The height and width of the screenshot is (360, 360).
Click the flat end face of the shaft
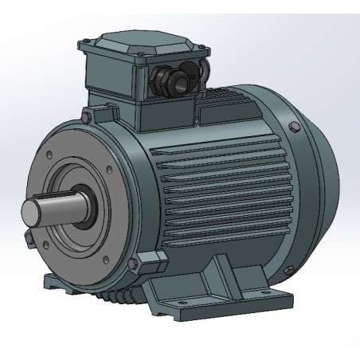(30, 215)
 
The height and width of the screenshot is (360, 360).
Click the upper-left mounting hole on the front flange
(51, 154)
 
